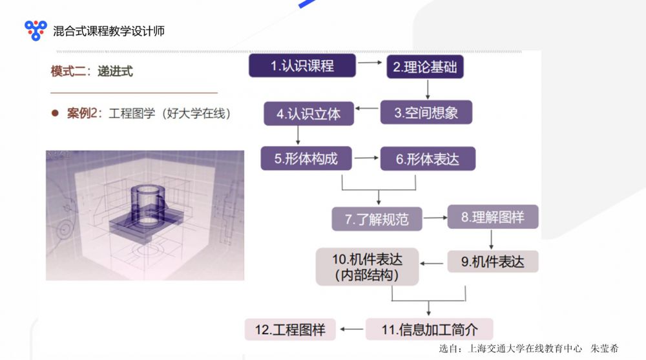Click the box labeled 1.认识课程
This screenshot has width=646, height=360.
(x=302, y=65)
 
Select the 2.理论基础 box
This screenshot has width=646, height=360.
(x=425, y=67)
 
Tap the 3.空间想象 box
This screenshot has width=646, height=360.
(x=426, y=112)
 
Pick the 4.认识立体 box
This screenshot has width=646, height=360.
(x=309, y=113)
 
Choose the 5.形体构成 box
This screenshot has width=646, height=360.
(x=306, y=158)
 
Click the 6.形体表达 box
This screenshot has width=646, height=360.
(x=428, y=159)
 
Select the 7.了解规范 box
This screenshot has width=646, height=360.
(x=377, y=219)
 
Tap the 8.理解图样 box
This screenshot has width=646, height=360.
(x=493, y=217)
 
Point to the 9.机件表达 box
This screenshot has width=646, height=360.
(x=493, y=262)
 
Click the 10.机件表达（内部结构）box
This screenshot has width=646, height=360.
(x=367, y=267)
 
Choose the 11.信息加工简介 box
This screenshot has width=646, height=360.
(x=430, y=329)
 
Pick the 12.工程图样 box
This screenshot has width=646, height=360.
(x=290, y=330)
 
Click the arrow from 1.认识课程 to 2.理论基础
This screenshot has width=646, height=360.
(x=370, y=63)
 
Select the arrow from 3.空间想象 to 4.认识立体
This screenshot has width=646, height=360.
(x=367, y=109)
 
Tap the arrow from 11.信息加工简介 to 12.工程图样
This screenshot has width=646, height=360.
(x=351, y=329)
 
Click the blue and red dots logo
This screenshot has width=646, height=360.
(x=36, y=30)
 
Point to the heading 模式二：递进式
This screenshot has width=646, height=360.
(x=92, y=71)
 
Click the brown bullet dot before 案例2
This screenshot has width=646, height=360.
(x=55, y=113)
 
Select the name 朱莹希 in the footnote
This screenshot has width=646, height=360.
(x=605, y=348)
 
